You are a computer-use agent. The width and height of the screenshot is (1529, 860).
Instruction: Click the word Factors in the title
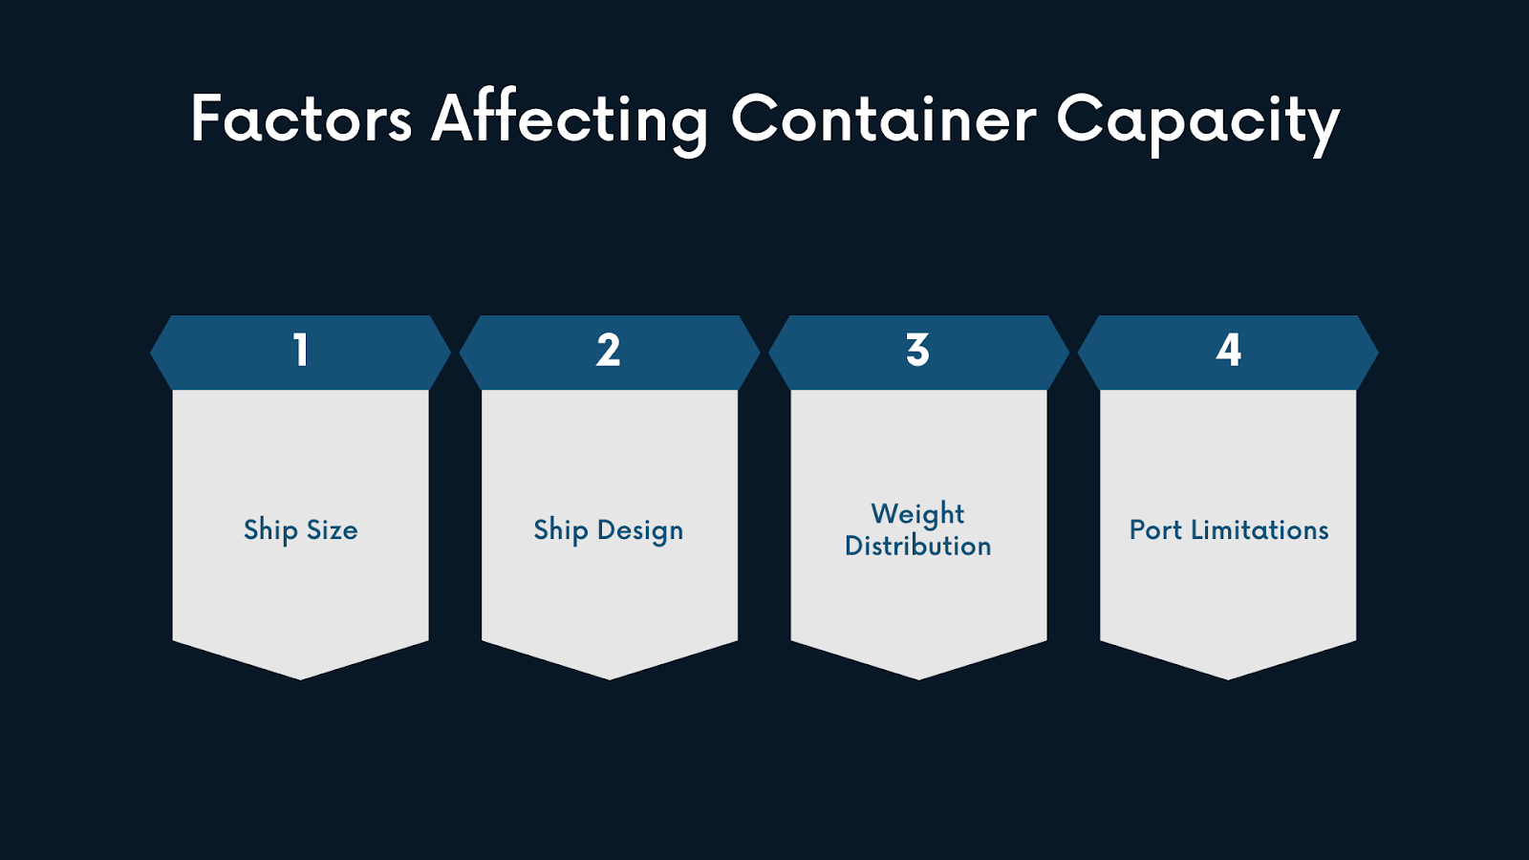(x=301, y=119)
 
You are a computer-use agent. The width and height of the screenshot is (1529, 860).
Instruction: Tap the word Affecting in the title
(x=570, y=119)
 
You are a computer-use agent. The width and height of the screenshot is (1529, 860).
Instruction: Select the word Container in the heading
(x=883, y=119)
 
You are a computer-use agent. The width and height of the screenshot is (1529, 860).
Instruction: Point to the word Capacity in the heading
(x=1197, y=121)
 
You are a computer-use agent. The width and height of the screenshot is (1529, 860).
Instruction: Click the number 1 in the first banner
(x=301, y=351)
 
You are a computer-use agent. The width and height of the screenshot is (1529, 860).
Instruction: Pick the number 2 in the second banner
(x=609, y=351)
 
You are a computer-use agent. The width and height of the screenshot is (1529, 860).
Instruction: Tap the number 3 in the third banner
(x=918, y=351)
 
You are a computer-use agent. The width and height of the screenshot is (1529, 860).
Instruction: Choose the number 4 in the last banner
(x=1229, y=351)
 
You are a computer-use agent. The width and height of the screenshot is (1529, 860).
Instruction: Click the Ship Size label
(x=300, y=530)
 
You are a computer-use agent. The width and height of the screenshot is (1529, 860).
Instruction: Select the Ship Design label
(x=609, y=530)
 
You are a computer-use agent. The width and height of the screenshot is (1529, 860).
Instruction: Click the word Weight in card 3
(x=917, y=514)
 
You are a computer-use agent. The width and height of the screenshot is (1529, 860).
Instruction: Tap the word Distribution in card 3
(x=918, y=547)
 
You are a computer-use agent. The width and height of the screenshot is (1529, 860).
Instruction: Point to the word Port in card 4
(x=1155, y=530)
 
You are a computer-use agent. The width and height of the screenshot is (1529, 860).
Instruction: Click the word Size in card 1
(x=332, y=530)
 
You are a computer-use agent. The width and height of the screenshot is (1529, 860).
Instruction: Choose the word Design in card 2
(x=640, y=530)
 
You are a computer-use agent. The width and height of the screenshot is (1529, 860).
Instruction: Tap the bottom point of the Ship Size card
(x=300, y=677)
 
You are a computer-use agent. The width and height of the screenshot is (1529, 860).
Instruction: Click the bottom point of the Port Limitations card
(x=1228, y=677)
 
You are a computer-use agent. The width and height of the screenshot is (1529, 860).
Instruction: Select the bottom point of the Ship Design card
(x=610, y=677)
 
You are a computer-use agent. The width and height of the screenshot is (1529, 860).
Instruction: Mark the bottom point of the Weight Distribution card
(x=919, y=677)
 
